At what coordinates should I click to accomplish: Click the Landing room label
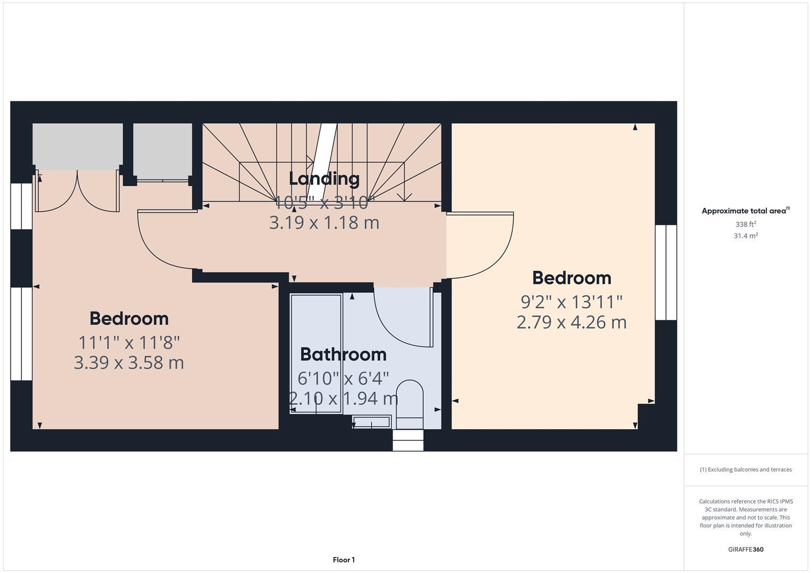324,179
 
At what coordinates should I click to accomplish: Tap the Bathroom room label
343,354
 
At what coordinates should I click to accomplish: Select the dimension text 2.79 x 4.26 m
571,322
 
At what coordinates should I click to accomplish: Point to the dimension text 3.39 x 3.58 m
129,363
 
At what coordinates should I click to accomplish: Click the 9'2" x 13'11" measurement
571,302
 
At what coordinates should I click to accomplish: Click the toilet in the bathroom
409,403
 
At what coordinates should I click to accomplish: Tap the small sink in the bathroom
371,422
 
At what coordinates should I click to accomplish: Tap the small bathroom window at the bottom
408,440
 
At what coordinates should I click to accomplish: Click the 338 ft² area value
746,224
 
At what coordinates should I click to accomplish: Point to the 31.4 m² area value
746,236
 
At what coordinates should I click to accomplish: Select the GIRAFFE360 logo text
746,549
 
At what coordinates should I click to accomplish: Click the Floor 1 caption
344,560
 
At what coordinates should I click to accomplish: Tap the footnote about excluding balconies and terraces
746,470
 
